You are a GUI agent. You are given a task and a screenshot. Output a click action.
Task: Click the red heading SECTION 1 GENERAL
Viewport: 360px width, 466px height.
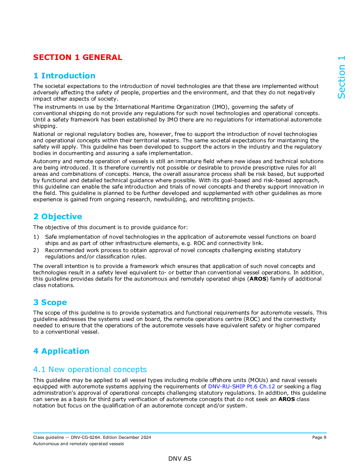pyautogui.click(x=78, y=57)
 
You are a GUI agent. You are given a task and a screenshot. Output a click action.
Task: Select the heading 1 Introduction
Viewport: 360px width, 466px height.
pyautogui.click(x=64, y=76)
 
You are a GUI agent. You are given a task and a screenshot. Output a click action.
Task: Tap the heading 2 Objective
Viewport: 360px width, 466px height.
pyautogui.click(x=58, y=216)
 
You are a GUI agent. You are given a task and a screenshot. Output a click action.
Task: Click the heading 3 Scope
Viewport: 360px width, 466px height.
pyautogui.click(x=50, y=302)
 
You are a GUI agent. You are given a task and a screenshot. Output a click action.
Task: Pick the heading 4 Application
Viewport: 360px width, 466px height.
pyautogui.click(x=61, y=351)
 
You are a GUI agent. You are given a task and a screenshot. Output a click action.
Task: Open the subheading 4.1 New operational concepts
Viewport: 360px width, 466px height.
pyautogui.click(x=90, y=369)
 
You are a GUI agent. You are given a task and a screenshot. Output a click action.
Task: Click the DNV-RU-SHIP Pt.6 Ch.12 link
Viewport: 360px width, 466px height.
pyautogui.click(x=241, y=387)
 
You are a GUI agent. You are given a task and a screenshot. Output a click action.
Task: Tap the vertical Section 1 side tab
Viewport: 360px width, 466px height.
pyautogui.click(x=341, y=77)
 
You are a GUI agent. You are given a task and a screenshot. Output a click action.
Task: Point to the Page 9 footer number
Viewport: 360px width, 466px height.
pyautogui.click(x=319, y=437)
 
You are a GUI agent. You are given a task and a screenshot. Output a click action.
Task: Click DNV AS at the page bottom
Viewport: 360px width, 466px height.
pyautogui.click(x=180, y=459)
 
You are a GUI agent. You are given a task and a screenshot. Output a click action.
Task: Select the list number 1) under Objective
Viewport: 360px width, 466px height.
pyautogui.click(x=36, y=237)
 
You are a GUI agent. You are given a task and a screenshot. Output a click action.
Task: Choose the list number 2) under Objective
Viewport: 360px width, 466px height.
pyautogui.click(x=36, y=250)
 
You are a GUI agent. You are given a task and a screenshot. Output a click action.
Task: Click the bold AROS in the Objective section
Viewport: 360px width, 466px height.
pyautogui.click(x=258, y=279)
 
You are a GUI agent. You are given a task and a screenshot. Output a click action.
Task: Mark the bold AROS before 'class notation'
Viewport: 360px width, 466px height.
pyautogui.click(x=286, y=399)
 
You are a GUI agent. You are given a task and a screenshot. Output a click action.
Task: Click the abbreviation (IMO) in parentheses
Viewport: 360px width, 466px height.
pyautogui.click(x=221, y=107)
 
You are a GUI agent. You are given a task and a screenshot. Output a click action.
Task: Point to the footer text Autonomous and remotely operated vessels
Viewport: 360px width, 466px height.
pyautogui.click(x=78, y=444)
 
